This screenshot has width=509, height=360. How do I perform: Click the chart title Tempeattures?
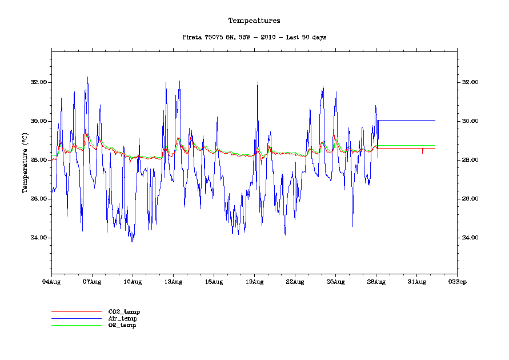(x=254, y=21)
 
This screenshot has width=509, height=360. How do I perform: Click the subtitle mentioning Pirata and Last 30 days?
(x=254, y=37)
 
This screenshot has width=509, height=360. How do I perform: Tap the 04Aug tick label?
(x=51, y=282)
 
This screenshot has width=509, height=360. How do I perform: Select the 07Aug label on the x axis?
(x=92, y=282)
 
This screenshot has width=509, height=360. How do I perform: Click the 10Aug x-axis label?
(x=133, y=282)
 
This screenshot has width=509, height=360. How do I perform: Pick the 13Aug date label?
(x=173, y=282)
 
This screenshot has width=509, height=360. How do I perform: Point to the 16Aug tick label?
(x=214, y=282)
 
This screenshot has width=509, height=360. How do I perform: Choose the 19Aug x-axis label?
(x=254, y=282)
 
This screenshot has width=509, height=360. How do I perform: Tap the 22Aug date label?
(x=295, y=282)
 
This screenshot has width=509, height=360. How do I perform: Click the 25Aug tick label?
(x=335, y=282)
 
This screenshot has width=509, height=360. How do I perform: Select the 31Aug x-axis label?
(x=416, y=282)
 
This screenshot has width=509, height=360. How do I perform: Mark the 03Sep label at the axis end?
(x=457, y=282)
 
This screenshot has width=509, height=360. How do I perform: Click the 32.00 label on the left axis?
(x=39, y=82)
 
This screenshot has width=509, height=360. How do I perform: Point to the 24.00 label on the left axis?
(x=39, y=238)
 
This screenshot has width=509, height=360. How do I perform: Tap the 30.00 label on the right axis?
(x=470, y=121)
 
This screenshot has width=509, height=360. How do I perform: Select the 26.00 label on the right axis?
(x=470, y=199)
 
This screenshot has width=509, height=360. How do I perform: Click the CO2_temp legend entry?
(x=124, y=311)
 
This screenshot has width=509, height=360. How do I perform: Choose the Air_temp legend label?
(x=123, y=318)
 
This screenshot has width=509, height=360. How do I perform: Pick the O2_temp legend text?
(x=122, y=325)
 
